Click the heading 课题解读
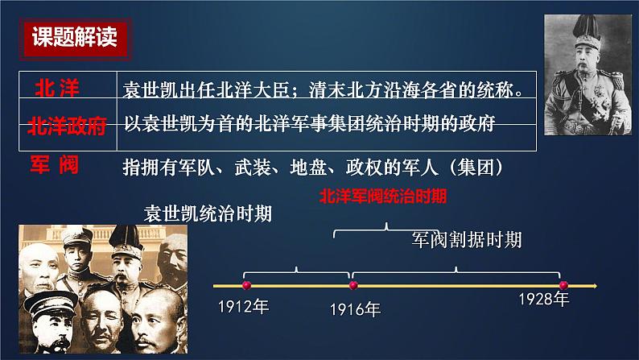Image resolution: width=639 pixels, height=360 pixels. tap(73, 39)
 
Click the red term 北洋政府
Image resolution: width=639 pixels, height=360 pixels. tap(67, 126)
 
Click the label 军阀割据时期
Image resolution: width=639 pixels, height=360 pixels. tap(466, 239)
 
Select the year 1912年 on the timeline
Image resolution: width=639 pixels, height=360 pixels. tap(243, 306)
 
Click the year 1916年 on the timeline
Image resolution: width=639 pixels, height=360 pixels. tap(355, 308)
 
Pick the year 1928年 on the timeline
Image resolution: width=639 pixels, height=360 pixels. tap(543, 300)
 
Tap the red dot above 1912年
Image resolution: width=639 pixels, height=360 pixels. tap(246, 284)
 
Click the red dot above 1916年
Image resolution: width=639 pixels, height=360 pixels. tap(352, 284)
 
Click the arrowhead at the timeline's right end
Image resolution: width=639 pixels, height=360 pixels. tap(593, 284)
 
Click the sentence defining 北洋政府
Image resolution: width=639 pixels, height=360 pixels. tap(309, 124)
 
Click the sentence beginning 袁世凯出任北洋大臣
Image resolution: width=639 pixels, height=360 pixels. tap(319, 89)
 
